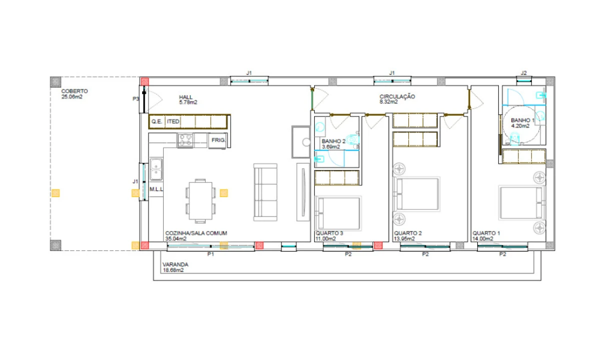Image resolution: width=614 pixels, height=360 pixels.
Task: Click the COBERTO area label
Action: click(x=75, y=91)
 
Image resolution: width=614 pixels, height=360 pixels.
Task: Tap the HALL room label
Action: click(x=186, y=97)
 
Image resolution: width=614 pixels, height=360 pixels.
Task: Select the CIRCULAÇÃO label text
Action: click(x=397, y=96)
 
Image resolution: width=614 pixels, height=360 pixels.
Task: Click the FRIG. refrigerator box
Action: click(x=217, y=141)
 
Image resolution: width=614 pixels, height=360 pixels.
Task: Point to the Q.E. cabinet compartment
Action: click(x=157, y=121)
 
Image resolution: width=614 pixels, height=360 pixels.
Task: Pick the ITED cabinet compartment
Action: click(x=173, y=121)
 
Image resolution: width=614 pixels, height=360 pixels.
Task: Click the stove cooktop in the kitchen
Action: click(x=185, y=140)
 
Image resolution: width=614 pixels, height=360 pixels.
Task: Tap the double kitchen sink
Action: click(x=156, y=169)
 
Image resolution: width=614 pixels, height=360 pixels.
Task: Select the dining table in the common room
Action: click(x=200, y=201)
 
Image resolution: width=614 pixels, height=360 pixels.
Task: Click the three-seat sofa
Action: click(x=265, y=192)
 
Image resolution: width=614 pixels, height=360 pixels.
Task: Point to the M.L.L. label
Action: click(x=156, y=189)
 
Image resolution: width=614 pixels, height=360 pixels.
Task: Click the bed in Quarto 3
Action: click(x=338, y=213)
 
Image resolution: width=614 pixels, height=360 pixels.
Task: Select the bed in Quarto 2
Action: click(x=416, y=193)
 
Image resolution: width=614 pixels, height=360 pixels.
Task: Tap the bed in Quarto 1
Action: click(x=521, y=203)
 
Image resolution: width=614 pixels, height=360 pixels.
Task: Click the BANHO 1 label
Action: click(x=522, y=120)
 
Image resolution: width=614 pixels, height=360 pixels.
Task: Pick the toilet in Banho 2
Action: click(x=352, y=139)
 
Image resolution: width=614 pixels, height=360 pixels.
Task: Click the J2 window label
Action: click(x=523, y=73)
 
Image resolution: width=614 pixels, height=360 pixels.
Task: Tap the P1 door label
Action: click(x=211, y=254)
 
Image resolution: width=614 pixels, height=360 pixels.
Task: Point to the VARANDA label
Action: click(x=176, y=264)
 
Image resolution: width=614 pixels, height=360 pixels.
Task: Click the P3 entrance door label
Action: click(x=136, y=98)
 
